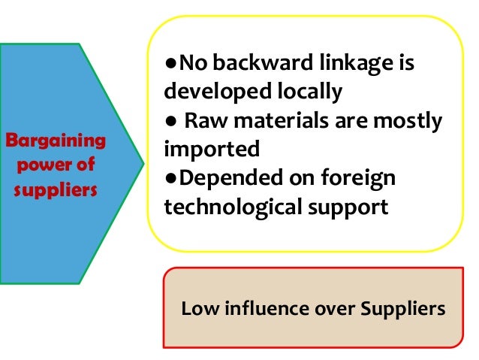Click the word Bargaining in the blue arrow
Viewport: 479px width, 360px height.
(x=56, y=141)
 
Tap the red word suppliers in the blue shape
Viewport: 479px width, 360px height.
(x=56, y=186)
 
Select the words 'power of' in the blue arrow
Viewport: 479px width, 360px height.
(x=55, y=163)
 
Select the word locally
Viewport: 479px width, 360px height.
(x=307, y=92)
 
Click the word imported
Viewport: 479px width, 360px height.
(x=200, y=149)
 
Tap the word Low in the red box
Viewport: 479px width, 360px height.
(x=197, y=308)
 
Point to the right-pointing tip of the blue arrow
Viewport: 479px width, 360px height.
(x=143, y=161)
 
